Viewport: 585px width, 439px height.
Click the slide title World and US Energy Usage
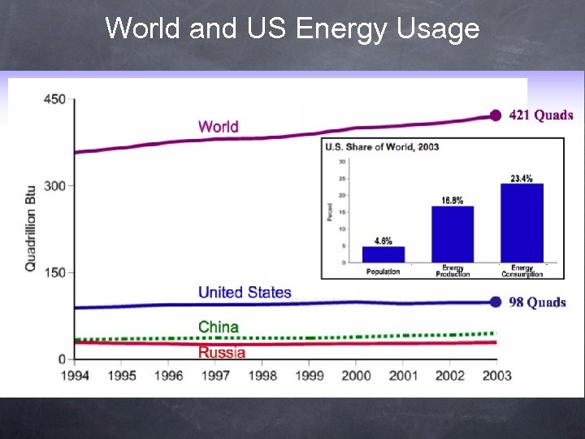tap(292, 28)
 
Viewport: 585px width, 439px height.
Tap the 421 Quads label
tap(541, 115)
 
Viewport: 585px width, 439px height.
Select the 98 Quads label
tap(537, 302)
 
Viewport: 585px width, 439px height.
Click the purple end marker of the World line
tap(496, 115)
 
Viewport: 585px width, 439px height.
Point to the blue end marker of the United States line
tap(496, 302)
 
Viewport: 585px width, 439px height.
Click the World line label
tap(218, 126)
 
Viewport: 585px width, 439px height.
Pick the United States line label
tap(245, 292)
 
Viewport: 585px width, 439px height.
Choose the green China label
tap(219, 327)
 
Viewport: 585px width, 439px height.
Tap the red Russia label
tap(221, 352)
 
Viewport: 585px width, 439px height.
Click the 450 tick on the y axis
tap(54, 99)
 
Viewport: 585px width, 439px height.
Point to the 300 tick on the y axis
tap(54, 186)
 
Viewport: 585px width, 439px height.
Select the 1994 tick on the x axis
tap(75, 375)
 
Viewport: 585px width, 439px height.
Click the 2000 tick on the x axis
tap(356, 375)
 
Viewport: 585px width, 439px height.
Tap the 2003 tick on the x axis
tap(496, 375)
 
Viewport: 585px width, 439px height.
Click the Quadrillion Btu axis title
tap(30, 228)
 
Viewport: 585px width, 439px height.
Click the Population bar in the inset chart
tap(383, 254)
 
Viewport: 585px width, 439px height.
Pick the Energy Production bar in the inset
tap(453, 234)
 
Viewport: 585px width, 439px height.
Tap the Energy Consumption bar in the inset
tap(522, 223)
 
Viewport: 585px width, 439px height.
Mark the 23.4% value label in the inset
tap(522, 178)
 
